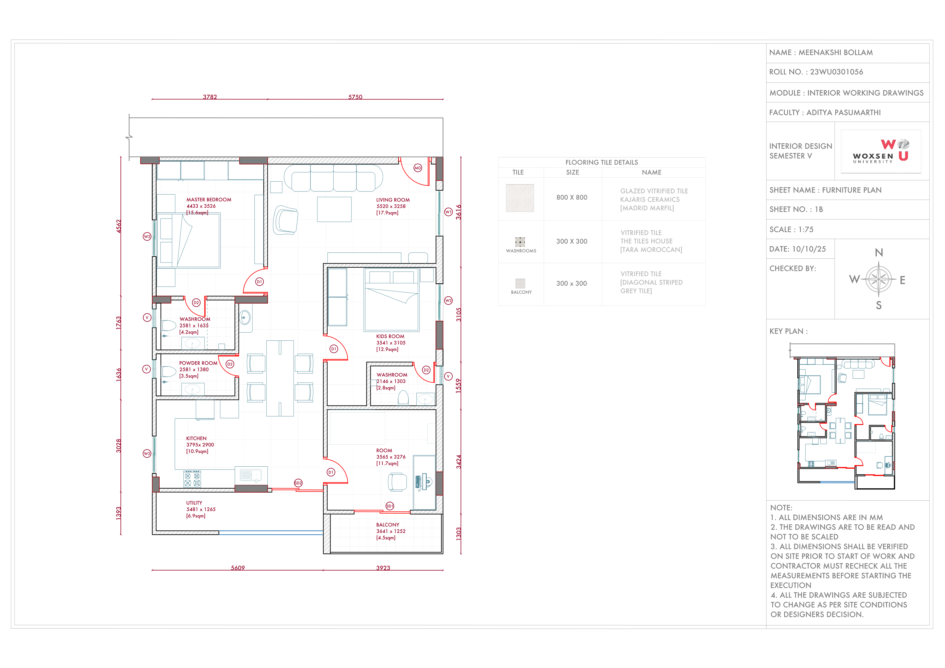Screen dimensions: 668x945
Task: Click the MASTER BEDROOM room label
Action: click(x=209, y=200)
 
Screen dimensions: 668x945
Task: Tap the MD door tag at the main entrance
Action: click(x=418, y=168)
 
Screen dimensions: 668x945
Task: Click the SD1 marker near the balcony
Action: click(x=390, y=506)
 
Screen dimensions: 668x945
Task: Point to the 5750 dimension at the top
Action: click(x=355, y=97)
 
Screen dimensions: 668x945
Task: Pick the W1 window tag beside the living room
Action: click(x=448, y=212)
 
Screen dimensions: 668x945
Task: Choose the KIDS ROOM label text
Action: click(x=390, y=336)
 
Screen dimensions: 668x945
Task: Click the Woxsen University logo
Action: click(x=881, y=151)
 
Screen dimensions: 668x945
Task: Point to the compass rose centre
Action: click(x=879, y=280)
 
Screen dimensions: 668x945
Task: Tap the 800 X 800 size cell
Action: click(x=572, y=198)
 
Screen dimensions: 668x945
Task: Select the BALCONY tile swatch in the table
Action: click(x=520, y=284)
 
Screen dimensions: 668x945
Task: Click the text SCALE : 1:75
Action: click(x=791, y=230)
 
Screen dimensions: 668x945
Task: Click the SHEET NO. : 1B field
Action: click(x=796, y=210)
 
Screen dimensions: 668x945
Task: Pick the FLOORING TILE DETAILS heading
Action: click(x=601, y=163)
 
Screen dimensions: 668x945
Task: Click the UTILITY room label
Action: click(x=194, y=503)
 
